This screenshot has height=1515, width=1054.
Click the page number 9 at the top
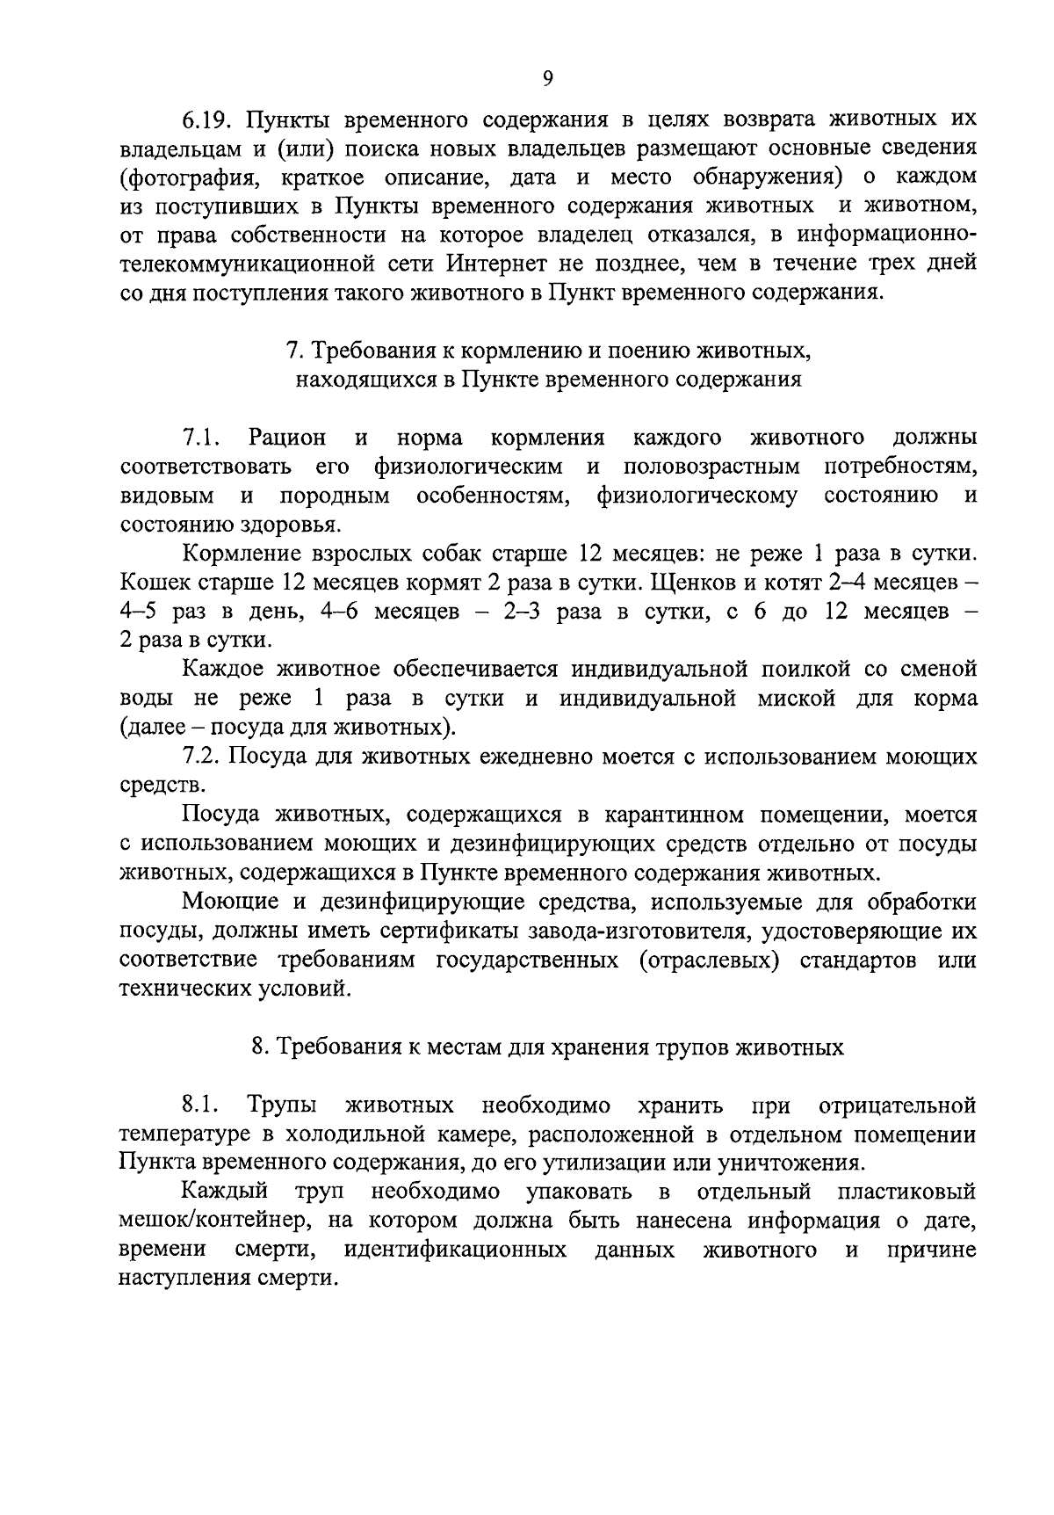tap(547, 79)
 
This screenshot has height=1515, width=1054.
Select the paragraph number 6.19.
tap(207, 119)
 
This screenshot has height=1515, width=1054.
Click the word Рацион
tap(287, 438)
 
